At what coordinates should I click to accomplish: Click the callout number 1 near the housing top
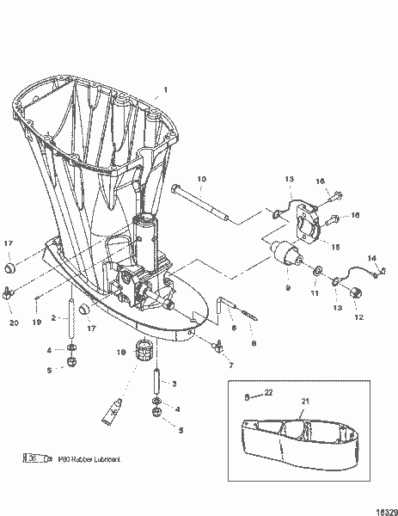pos(166,90)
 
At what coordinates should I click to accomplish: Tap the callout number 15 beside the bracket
pos(335,247)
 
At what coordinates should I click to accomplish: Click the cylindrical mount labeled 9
pos(288,258)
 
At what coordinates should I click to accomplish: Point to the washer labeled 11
pos(318,273)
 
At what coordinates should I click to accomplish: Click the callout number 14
pos(372,257)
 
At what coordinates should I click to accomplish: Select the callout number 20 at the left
pos(12,322)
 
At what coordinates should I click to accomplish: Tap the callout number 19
pos(37,322)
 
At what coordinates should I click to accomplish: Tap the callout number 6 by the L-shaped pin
pos(233,327)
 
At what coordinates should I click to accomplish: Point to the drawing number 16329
pos(383,508)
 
